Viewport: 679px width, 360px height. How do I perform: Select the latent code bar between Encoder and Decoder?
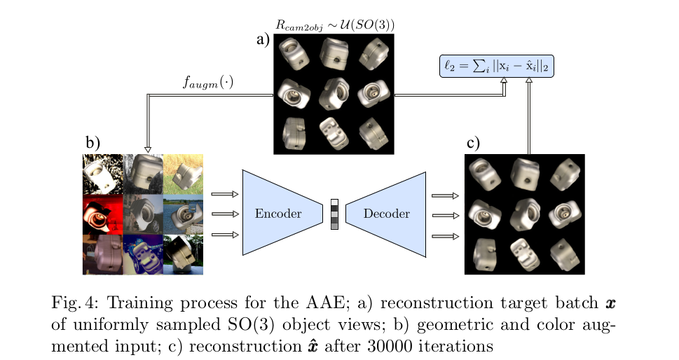[334, 214]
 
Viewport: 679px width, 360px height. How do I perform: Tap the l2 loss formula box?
[497, 66]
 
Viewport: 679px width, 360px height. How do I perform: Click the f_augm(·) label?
[208, 82]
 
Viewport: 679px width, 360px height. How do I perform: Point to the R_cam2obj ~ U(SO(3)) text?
[335, 25]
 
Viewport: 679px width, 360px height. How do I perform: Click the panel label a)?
[263, 39]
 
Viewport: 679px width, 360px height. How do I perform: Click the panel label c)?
[474, 144]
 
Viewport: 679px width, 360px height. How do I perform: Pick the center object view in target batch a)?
[334, 93]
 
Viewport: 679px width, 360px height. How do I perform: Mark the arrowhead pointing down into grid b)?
[148, 149]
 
